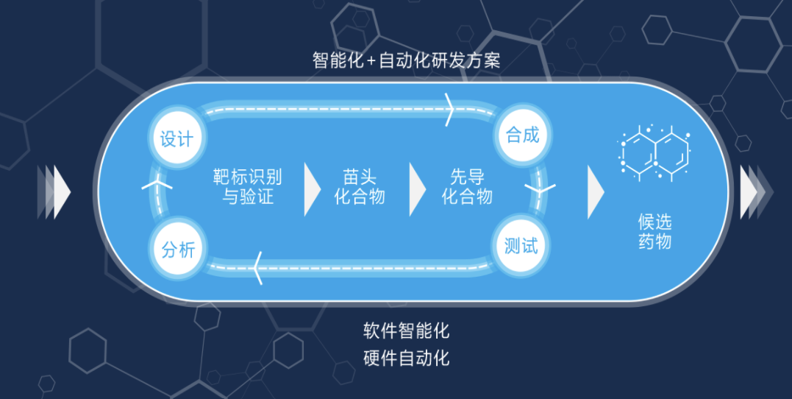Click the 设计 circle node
click(176, 138)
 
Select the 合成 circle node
click(522, 135)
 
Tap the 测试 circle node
click(521, 247)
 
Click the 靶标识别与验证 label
click(248, 186)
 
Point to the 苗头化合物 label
click(360, 186)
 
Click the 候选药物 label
click(654, 232)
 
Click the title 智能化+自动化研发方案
click(407, 60)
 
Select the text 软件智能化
click(406, 331)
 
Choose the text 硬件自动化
click(406, 359)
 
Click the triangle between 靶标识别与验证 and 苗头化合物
click(312, 189)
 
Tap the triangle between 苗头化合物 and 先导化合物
click(417, 189)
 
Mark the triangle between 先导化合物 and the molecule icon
click(596, 191)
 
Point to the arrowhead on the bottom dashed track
click(257, 267)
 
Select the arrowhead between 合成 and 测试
click(540, 190)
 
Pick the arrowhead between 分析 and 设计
click(157, 183)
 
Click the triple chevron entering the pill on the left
click(54, 192)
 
